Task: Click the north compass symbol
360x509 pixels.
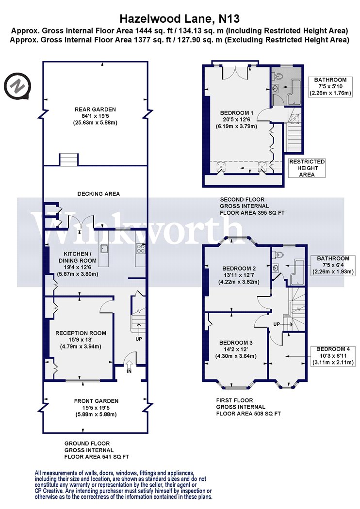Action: [17, 86]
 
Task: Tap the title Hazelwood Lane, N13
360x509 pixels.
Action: [180, 18]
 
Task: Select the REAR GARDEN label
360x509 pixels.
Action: [95, 110]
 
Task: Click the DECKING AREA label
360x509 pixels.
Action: [98, 194]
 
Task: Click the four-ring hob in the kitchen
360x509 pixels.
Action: [141, 249]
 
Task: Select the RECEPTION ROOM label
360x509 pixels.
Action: [81, 333]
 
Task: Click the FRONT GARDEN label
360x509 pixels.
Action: [96, 401]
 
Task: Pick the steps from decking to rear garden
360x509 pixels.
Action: [68, 159]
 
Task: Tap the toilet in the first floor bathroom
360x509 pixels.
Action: [278, 255]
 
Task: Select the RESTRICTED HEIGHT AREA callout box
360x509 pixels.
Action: [307, 168]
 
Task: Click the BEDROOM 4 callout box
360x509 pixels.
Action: [333, 356]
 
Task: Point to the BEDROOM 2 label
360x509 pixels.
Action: [239, 269]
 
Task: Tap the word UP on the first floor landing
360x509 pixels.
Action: [277, 324]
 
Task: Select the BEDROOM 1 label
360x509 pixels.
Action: [237, 113]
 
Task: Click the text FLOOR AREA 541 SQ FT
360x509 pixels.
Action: [97, 457]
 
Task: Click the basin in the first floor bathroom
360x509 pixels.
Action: [275, 268]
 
